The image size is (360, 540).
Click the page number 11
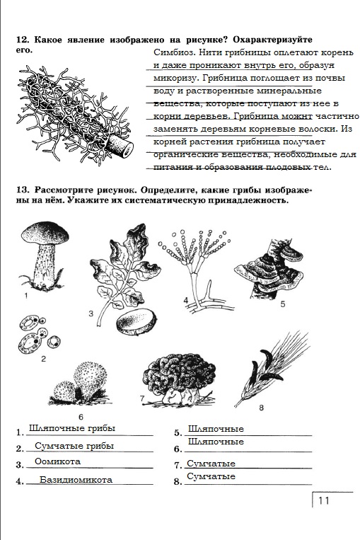coord(323,500)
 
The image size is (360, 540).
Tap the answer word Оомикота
coord(57,461)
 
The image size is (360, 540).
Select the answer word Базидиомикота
coord(76,480)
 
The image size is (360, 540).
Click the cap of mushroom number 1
coord(45,233)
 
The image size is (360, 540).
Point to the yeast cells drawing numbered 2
coord(39,336)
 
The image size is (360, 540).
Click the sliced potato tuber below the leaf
coord(137,321)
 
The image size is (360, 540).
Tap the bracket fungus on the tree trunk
coord(270,270)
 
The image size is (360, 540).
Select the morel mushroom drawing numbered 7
coord(179,378)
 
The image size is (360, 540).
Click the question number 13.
coord(23,190)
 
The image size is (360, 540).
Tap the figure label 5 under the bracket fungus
coord(283,304)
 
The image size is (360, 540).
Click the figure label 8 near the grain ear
coord(261,408)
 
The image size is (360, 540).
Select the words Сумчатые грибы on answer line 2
coord(74,446)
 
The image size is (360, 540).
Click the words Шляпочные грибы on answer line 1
coord(72,428)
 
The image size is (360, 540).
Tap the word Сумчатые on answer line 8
coord(211,476)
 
